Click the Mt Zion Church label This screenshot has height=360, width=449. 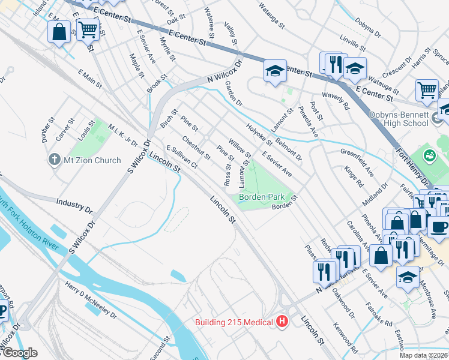(x=91, y=160)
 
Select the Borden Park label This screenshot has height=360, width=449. (x=261, y=196)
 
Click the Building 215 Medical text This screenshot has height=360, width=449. (x=234, y=322)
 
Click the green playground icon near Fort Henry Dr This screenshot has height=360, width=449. (x=430, y=156)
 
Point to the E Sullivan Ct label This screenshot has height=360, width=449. (x=181, y=155)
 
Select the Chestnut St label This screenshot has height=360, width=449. (x=196, y=148)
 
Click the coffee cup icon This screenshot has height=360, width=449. (x=438, y=227)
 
